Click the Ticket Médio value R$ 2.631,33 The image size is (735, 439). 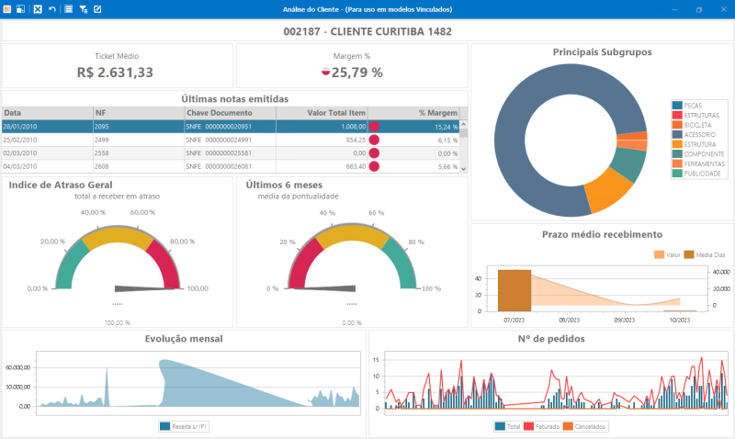click(115, 72)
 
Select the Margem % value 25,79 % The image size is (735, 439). click(356, 72)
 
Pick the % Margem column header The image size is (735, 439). click(438, 113)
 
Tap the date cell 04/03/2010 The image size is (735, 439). click(19, 166)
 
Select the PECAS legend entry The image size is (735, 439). click(694, 106)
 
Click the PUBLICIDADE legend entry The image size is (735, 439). click(701, 173)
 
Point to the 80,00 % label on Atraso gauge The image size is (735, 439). click(183, 242)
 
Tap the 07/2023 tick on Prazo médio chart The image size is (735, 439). click(514, 320)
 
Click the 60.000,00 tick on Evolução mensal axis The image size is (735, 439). click(18, 366)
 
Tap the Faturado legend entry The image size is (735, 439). click(541, 426)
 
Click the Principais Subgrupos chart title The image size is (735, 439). click(602, 52)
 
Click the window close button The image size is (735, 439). click(723, 8)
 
